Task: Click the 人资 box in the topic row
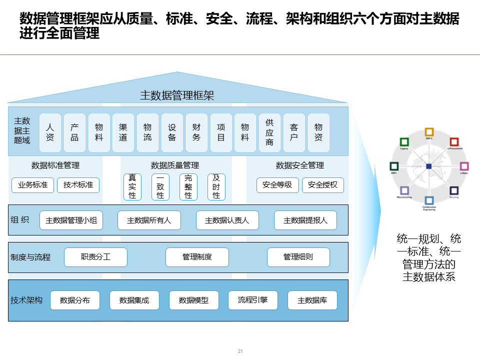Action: click(50, 132)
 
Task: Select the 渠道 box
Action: click(123, 132)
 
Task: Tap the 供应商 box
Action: click(269, 132)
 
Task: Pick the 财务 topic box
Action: click(196, 132)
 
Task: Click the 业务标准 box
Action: click(33, 185)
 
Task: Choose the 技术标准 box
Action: click(78, 185)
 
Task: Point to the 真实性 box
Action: click(132, 186)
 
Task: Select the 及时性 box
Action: click(216, 186)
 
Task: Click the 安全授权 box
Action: click(322, 185)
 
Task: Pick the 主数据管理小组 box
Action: click(71, 220)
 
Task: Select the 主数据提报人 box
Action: click(305, 220)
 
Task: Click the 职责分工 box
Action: click(96, 257)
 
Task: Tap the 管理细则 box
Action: click(298, 257)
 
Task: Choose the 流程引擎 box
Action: click(253, 300)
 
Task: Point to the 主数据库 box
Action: click(312, 300)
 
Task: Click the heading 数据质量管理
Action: click(175, 165)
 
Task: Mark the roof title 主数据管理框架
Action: click(177, 95)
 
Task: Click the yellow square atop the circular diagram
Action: click(429, 132)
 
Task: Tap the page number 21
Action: click(240, 351)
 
